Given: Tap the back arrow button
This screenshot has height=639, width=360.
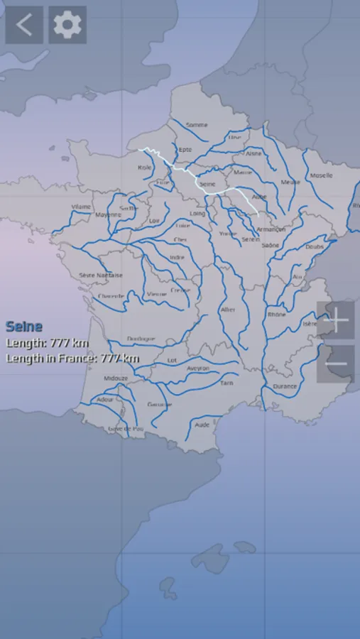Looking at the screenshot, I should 24,26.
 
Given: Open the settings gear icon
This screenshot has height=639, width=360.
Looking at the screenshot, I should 67,26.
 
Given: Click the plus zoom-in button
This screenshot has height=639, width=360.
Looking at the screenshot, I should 335,320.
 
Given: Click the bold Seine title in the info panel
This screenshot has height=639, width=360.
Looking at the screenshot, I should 24,327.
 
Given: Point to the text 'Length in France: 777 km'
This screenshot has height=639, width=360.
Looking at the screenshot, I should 72,359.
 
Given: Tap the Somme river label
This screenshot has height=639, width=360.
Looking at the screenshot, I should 197,125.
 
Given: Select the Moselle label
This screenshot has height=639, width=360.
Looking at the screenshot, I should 321,175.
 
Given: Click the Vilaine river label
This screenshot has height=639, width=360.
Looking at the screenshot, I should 82,207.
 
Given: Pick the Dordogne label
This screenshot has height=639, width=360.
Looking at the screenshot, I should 141,339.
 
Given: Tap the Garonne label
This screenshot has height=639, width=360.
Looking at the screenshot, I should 160,405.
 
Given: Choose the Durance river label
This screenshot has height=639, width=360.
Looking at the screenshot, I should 285,386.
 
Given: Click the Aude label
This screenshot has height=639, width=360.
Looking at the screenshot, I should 202,425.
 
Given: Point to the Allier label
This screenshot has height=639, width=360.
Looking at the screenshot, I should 228,310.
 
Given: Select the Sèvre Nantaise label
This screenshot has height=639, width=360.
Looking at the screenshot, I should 101,275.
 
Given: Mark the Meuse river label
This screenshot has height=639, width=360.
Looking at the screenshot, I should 290,182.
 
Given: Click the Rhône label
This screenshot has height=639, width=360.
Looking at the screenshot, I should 276,314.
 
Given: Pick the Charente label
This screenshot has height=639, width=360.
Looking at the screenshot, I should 111,296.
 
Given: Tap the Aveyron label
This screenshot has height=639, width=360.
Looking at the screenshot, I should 198,368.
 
